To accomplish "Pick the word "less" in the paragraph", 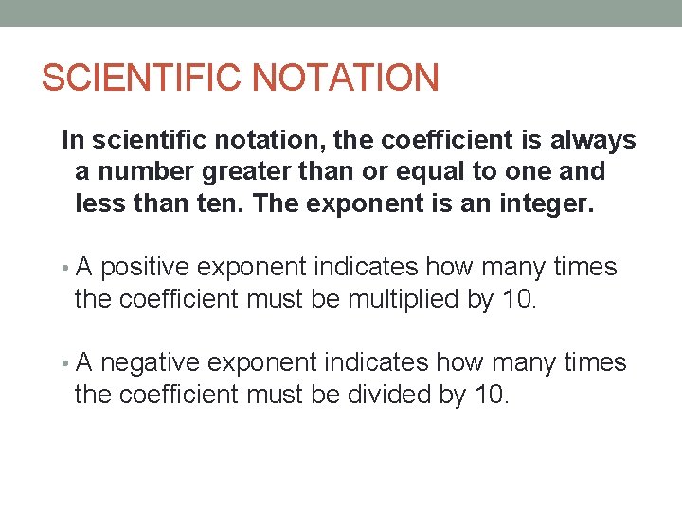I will coord(95,204).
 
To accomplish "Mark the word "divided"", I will coord(389,395).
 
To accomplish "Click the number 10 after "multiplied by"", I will coord(520,300).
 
